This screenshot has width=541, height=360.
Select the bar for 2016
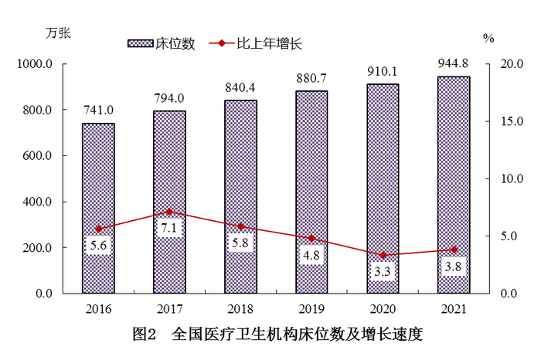coord(98,178)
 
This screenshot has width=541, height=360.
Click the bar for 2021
coord(454,155)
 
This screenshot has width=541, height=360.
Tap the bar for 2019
coord(311,162)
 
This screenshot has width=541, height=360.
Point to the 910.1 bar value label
coord(383,71)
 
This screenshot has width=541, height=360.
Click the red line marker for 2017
coord(169,212)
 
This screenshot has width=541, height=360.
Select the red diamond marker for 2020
coord(383,255)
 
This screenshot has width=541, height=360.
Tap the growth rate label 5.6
coord(98,245)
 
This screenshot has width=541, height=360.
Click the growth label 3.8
coord(454,267)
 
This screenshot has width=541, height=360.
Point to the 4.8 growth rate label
coord(311,255)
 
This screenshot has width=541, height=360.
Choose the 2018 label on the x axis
coord(240,309)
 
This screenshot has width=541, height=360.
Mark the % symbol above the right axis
coord(488,36)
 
